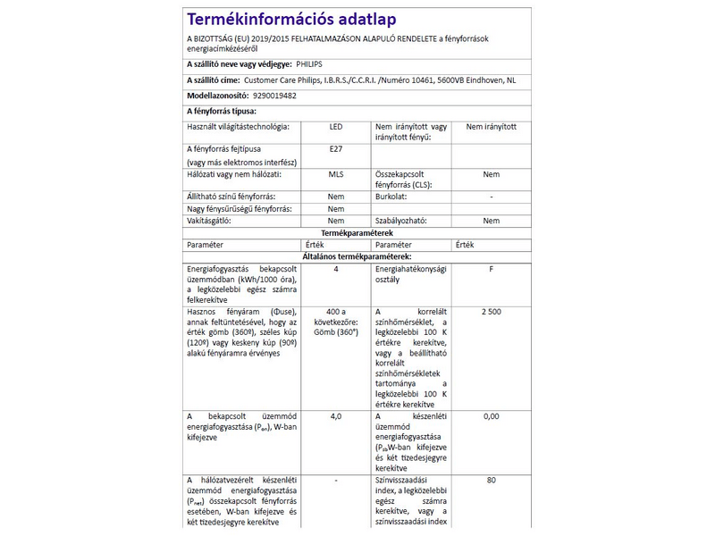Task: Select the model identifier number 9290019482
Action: [274, 95]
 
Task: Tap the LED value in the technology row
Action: [335, 127]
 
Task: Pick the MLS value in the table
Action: [335, 175]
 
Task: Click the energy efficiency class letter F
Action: [491, 268]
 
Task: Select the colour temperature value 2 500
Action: [491, 310]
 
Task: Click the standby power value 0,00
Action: [491, 416]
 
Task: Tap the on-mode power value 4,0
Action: [335, 416]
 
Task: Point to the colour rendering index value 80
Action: [491, 481]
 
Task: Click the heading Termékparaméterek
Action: [357, 232]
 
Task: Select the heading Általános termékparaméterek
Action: [357, 255]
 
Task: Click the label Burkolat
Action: [391, 196]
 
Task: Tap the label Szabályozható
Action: [400, 220]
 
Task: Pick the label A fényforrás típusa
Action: [221, 111]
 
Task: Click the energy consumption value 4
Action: [335, 268]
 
